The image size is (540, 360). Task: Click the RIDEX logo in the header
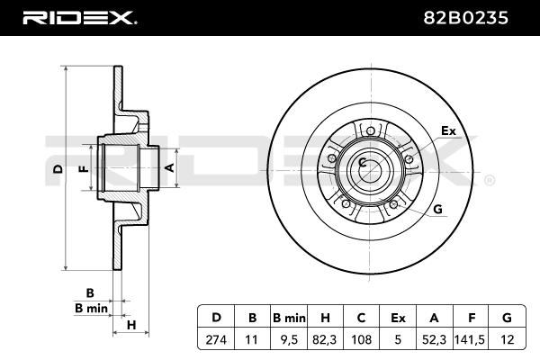coord(79,18)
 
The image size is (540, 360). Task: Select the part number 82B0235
coord(465,18)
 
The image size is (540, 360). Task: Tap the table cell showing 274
coord(216,339)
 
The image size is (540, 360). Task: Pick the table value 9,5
coord(289,339)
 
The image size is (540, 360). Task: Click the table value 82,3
coord(325,339)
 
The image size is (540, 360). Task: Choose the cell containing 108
coord(361,339)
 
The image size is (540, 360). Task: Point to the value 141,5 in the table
coord(470,339)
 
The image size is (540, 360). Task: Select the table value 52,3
coord(434,339)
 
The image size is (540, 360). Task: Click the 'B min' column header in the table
coord(289,318)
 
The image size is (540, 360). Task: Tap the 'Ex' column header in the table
coord(398,318)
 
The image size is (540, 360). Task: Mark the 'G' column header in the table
coord(507,318)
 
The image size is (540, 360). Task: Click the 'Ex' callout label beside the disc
coord(448,130)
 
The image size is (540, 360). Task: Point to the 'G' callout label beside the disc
coord(437,209)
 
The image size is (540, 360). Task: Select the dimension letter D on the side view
coord(58,169)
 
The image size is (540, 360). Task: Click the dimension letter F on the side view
coord(84,169)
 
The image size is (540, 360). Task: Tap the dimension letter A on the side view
coord(169,167)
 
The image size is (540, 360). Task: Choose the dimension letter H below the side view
coord(131,325)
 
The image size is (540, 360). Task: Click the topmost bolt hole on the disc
coord(370,130)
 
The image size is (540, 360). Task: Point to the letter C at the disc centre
coord(362,162)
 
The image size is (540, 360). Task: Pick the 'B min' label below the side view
coord(91,309)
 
